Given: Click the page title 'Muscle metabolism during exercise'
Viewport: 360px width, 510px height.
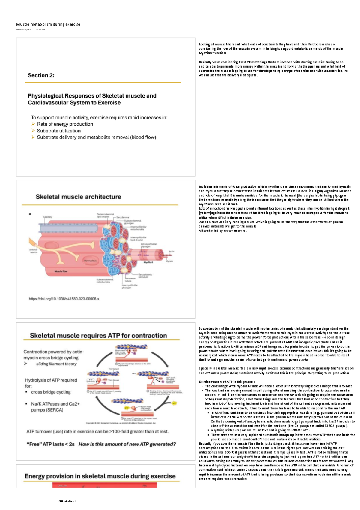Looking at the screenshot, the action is tap(48, 24).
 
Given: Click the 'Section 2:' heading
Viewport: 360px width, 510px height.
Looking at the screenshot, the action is tap(41, 75).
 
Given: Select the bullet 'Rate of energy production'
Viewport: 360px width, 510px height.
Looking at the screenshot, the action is tap(65, 124).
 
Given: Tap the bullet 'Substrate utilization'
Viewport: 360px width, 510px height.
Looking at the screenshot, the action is tap(59, 131).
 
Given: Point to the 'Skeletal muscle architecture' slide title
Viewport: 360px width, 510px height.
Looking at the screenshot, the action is tap(78, 197).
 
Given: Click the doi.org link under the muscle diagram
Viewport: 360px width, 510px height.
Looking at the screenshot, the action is tap(64, 299).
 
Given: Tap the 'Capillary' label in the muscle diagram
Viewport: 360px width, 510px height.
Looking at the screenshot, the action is tap(48, 217).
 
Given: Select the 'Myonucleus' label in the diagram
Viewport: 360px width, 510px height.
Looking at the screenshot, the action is tap(90, 261).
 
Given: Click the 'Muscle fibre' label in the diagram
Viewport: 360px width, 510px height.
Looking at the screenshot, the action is tap(61, 271).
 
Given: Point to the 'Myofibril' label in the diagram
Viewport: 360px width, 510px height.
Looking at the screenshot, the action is tap(148, 262).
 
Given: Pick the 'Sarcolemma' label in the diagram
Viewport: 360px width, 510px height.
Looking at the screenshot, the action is tap(123, 217).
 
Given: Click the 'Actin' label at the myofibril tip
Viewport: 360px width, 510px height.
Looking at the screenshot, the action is tap(172, 251).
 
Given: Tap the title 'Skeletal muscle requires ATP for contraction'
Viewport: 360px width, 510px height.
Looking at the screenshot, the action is tap(98, 336).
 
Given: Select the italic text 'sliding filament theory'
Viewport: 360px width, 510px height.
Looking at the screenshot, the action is tap(56, 364).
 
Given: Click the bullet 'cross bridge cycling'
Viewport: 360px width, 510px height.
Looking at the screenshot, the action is tap(51, 392).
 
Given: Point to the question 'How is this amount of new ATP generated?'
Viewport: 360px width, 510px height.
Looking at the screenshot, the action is tap(127, 444).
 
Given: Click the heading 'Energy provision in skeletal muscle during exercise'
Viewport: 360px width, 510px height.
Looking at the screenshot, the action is tap(100, 476).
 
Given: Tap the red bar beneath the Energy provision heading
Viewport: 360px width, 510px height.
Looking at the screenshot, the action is tap(104, 485).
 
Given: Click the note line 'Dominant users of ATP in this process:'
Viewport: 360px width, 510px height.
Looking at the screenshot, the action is tap(227, 382).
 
